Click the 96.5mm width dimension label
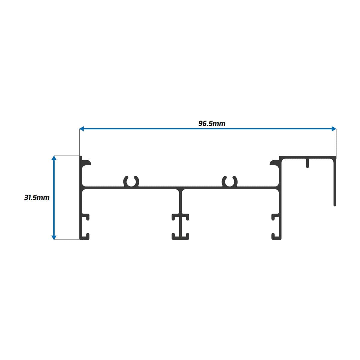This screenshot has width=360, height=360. click(x=212, y=123)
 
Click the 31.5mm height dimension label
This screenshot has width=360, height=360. click(x=37, y=198)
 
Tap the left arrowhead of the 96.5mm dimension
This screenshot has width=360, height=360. click(x=81, y=129)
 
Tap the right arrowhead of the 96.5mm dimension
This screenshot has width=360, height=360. click(x=334, y=129)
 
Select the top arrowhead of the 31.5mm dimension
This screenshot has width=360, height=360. click(x=54, y=158)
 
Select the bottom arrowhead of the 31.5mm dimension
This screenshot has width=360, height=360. click(x=54, y=238)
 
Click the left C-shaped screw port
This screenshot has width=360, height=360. click(x=131, y=181)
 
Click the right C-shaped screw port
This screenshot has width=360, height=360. click(x=229, y=181)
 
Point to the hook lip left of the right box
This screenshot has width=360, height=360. click(x=274, y=163)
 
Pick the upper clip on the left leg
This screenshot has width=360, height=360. click(x=86, y=217)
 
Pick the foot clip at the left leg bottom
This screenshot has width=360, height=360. click(x=86, y=236)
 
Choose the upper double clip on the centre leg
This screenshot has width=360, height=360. click(x=180, y=217)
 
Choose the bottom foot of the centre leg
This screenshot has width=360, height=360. click(x=180, y=237)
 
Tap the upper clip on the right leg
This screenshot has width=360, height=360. click(x=275, y=217)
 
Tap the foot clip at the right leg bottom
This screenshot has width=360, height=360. click(x=275, y=236)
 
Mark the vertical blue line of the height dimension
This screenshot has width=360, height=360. click(x=54, y=198)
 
